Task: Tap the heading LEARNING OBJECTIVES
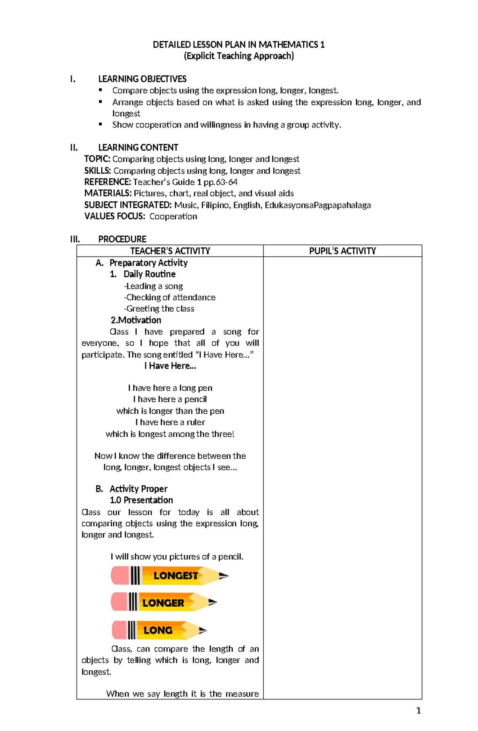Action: (x=142, y=79)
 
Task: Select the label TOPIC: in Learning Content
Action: (x=97, y=159)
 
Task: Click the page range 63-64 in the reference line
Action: (x=227, y=182)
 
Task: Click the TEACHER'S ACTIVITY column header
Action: (x=170, y=251)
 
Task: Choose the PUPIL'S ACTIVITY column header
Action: (x=342, y=251)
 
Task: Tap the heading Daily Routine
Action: (x=149, y=274)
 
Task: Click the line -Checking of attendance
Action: (x=170, y=297)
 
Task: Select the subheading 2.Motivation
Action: (x=136, y=320)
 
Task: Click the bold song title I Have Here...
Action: (x=170, y=366)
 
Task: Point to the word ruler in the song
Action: (x=196, y=422)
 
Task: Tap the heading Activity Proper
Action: (x=138, y=489)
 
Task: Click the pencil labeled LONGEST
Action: (x=170, y=576)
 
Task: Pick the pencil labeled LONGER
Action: (x=164, y=602)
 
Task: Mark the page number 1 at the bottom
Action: (x=418, y=711)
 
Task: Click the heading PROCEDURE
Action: (x=122, y=239)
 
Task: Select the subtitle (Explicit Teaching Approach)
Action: (x=239, y=56)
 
